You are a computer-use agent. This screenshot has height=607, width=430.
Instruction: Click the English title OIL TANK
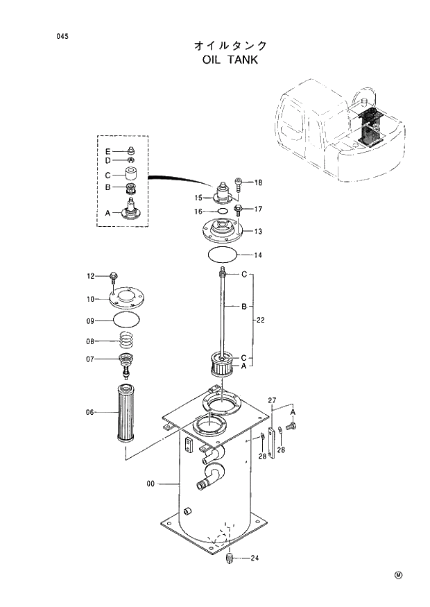coord(230,60)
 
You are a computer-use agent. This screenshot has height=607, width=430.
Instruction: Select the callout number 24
coord(255,558)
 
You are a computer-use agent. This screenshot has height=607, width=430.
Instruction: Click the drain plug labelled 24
coord(230,559)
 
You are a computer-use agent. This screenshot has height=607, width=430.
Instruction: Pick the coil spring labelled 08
coord(126,341)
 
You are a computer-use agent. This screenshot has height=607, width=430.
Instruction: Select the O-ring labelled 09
coord(126,320)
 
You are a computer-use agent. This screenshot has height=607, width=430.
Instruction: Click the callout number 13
coord(258,232)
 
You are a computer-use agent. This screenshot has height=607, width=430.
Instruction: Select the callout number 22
coord(260,320)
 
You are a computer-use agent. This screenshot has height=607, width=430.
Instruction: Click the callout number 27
coord(273,400)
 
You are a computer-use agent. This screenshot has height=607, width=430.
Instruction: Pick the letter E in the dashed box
coord(108,151)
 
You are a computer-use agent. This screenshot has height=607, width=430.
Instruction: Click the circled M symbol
coord(398,574)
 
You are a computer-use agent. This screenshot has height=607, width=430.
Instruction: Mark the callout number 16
coord(198,211)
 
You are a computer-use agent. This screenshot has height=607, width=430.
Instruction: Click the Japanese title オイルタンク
coord(230,45)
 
